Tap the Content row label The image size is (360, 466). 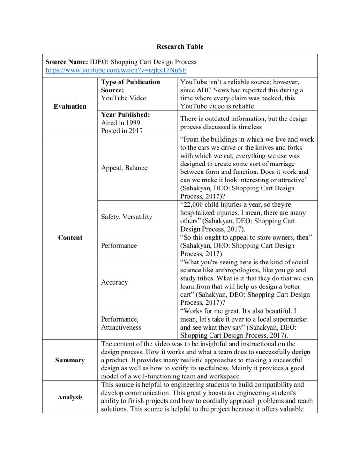pos(69,237)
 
